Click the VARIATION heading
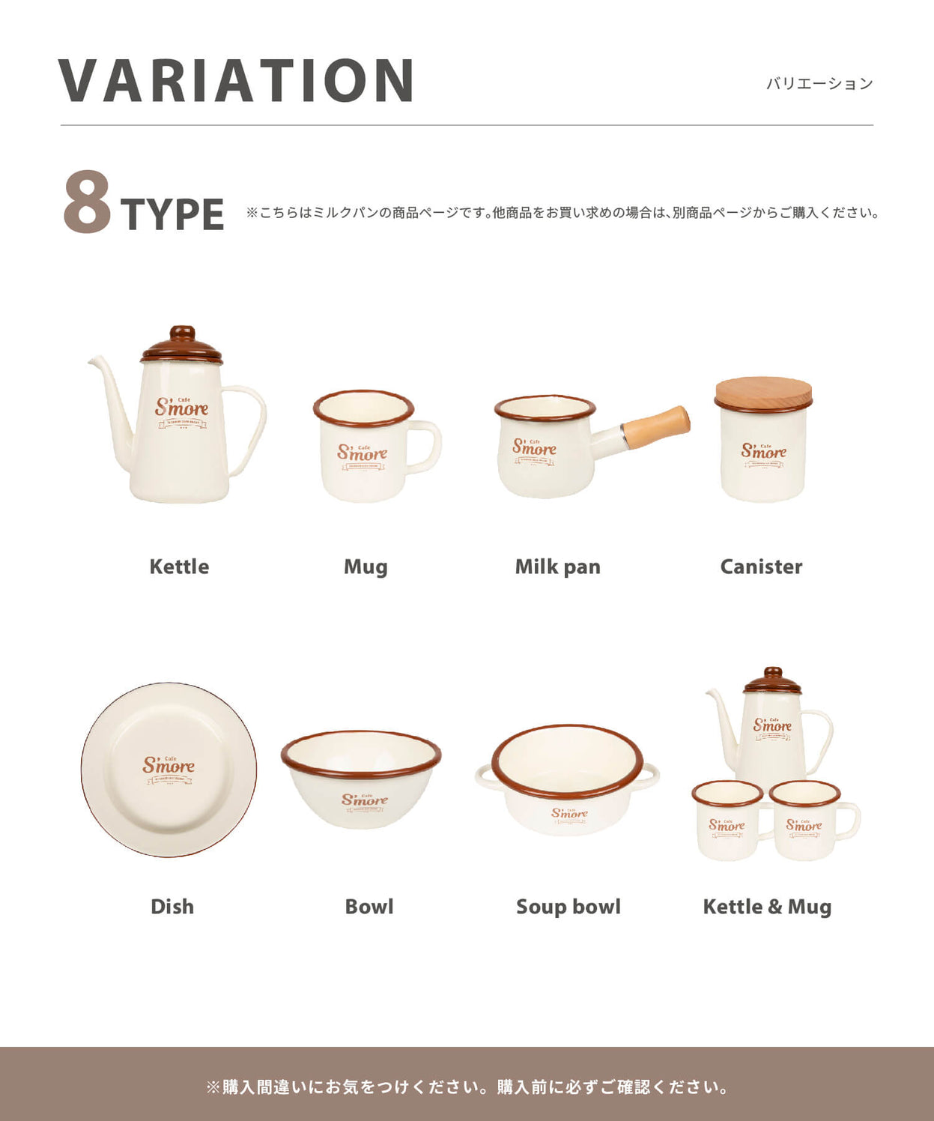click(x=237, y=80)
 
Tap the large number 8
click(x=87, y=202)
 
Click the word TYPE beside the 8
click(x=172, y=214)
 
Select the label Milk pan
click(x=557, y=566)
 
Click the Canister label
click(x=761, y=566)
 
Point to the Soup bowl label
click(x=568, y=907)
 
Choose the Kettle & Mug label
click(x=767, y=907)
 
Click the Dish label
click(x=172, y=907)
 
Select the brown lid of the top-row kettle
click(x=182, y=346)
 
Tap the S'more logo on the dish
click(x=169, y=767)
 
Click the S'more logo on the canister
click(x=764, y=451)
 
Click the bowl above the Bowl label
click(x=361, y=779)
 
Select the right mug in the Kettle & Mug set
click(x=810, y=821)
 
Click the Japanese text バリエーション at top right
click(x=819, y=84)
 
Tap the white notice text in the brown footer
click(x=467, y=1087)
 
